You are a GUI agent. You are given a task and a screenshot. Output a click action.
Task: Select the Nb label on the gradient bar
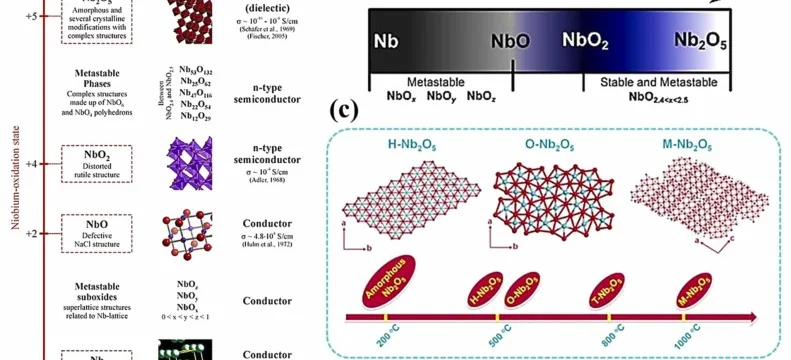coord(386,42)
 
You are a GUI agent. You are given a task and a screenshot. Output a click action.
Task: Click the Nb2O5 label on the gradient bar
coord(699,42)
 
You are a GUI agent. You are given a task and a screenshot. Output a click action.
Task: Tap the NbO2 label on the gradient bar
coord(587,41)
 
